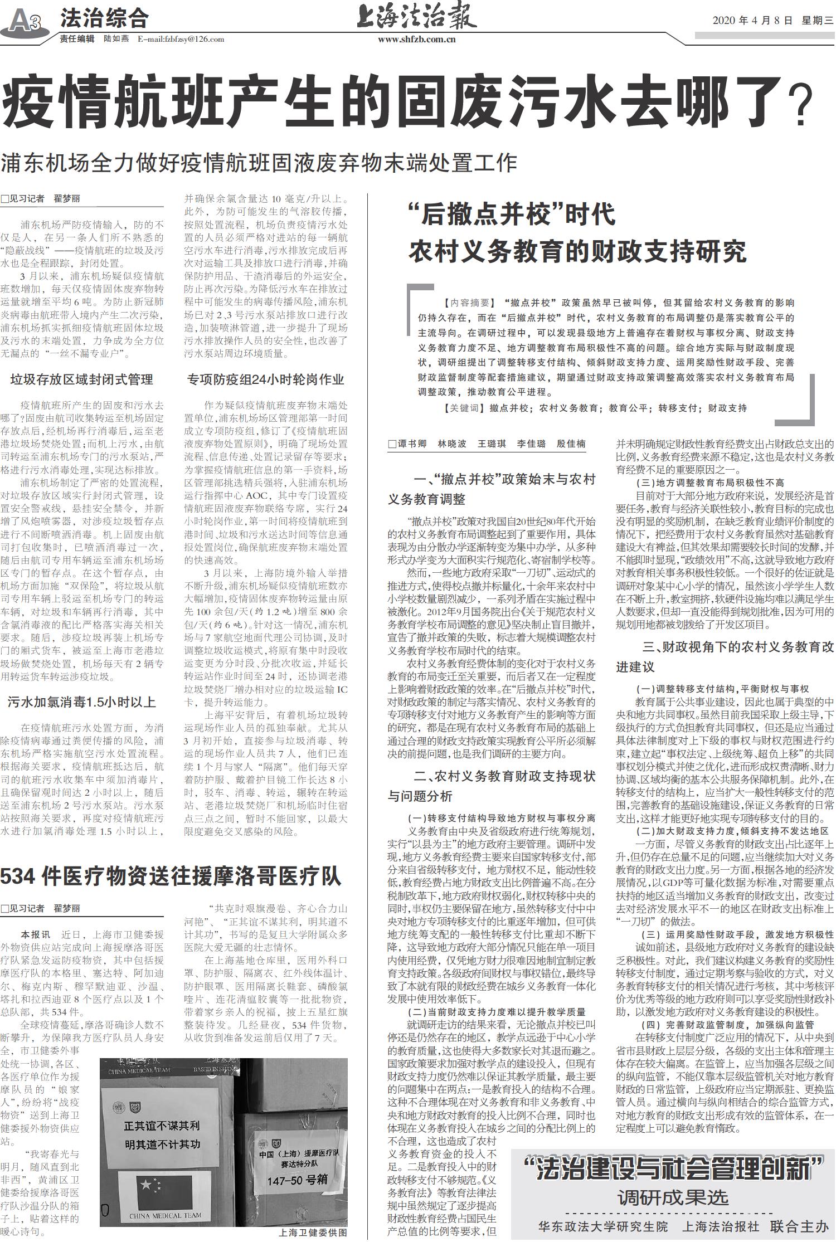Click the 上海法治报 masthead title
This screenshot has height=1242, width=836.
click(416, 17)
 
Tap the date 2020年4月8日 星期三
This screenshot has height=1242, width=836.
click(772, 21)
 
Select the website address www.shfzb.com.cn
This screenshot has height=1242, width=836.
click(416, 39)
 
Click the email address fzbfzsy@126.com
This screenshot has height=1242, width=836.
click(181, 39)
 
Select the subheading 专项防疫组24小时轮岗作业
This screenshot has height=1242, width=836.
click(265, 380)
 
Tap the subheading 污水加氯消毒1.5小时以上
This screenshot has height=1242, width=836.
click(81, 702)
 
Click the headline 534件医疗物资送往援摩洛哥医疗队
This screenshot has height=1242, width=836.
click(171, 876)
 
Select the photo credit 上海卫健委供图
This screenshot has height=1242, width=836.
click(313, 1233)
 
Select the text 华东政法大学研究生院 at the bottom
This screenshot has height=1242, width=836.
click(602, 1226)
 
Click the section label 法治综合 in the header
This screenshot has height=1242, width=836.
click(104, 19)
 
